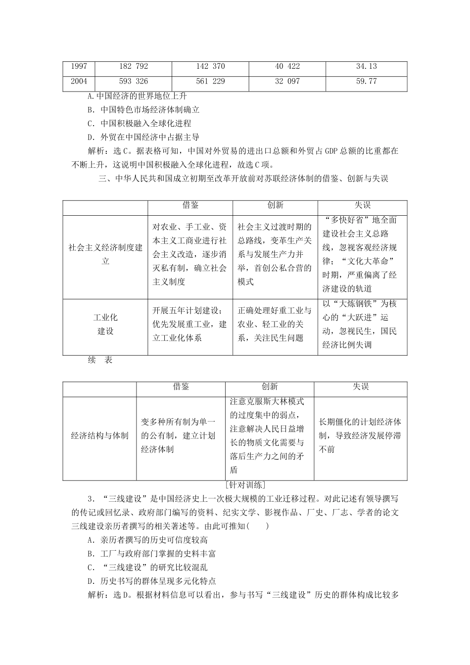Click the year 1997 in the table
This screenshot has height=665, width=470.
pyautogui.click(x=79, y=66)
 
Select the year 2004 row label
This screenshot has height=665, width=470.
pyautogui.click(x=79, y=81)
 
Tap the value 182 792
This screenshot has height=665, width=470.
pyautogui.click(x=134, y=66)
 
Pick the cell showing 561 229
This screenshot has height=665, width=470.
pyautogui.click(x=211, y=81)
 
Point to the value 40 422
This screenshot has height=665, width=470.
pyautogui.click(x=287, y=66)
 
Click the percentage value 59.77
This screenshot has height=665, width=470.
pyautogui.click(x=366, y=81)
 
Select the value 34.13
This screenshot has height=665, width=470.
pyautogui.click(x=366, y=66)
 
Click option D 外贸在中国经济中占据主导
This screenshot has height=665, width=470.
pyautogui.click(x=143, y=137)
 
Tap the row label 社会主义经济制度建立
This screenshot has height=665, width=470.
pyautogui.click(x=105, y=254)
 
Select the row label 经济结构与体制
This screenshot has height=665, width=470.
pyautogui.click(x=100, y=436)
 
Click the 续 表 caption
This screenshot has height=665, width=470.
pyautogui.click(x=100, y=360)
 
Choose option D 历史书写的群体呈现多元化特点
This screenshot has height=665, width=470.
pyautogui.click(x=151, y=581)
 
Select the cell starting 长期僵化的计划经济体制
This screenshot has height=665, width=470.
pyautogui.click(x=360, y=436)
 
